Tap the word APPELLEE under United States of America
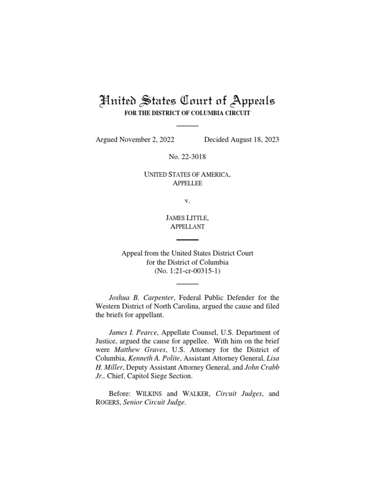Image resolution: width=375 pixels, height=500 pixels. [187, 183]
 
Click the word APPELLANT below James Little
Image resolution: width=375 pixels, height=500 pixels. [187, 227]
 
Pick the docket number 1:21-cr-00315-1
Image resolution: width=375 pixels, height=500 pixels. [191, 271]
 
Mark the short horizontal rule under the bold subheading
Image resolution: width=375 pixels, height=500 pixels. [187, 125]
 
